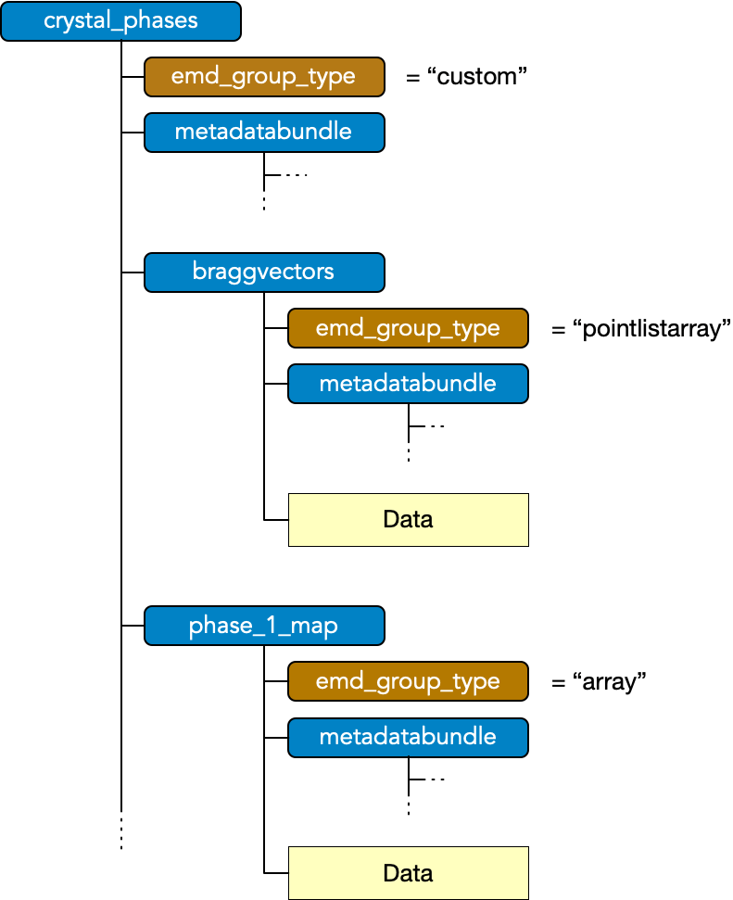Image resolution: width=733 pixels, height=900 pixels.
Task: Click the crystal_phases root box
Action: tap(120, 21)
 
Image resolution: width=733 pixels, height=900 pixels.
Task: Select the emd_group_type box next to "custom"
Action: tap(263, 77)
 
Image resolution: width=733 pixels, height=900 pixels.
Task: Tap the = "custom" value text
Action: tap(466, 77)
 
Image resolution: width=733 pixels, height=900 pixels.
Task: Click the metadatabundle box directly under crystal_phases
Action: tap(263, 132)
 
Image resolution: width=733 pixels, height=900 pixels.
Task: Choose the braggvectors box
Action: tap(263, 273)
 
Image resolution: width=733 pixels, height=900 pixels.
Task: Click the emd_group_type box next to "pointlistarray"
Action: tap(408, 328)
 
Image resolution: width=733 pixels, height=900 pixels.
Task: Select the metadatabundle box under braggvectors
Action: tap(408, 384)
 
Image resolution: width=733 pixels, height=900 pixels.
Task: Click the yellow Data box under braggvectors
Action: tap(408, 520)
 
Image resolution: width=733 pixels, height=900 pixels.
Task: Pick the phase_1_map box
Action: tap(263, 626)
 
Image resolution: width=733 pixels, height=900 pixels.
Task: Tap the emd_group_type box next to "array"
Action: tap(408, 682)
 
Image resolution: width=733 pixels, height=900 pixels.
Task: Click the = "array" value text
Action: tap(598, 682)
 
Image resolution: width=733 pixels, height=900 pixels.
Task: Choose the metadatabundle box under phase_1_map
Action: tap(408, 737)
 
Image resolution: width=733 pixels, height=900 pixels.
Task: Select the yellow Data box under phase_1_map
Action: tap(408, 873)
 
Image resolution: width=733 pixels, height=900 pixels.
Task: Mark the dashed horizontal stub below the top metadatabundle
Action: tap(286, 174)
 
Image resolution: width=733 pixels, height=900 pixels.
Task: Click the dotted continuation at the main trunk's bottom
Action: tap(121, 830)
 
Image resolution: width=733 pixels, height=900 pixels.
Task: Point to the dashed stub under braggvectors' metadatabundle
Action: tap(427, 426)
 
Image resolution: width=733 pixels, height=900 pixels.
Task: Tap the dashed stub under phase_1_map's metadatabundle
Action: tap(427, 780)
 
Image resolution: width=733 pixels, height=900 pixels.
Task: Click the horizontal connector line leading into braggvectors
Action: tap(133, 273)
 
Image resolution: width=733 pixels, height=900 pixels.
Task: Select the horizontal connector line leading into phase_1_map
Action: tap(133, 626)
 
